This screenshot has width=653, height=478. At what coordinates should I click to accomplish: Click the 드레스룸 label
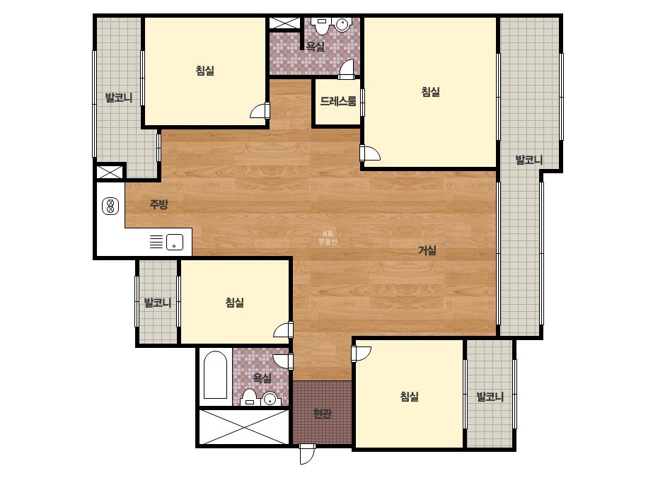pos(337,101)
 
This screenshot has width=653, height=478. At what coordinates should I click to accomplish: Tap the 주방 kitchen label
pos(158,204)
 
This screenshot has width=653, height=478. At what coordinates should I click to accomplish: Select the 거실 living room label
pos(427,250)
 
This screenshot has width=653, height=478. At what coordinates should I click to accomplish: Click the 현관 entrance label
pos(323,414)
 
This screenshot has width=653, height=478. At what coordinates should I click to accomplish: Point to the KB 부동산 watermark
pos(328,238)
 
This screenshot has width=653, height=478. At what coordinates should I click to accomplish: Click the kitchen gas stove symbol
pos(110,206)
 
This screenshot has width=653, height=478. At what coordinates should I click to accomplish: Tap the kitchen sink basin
pos(175,242)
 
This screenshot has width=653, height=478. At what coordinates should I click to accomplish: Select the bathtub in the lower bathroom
pos(215,376)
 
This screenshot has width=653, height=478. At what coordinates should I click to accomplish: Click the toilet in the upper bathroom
pos(321,26)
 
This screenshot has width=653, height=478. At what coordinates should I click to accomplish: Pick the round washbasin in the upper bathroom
pos(342,25)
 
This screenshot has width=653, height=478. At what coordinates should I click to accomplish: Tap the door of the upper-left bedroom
pos(260,111)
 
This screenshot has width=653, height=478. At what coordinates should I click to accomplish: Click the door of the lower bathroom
pos(284,361)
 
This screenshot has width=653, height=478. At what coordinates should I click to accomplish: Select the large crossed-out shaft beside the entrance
pos(244,427)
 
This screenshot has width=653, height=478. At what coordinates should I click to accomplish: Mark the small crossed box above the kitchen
pos(110,172)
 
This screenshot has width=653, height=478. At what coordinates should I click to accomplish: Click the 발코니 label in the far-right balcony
pos(529,160)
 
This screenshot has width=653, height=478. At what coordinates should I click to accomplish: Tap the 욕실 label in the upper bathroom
pos(316,47)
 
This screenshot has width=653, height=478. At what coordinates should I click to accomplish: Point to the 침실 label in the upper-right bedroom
pos(431,92)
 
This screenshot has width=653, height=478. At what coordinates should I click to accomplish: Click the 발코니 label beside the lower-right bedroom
pos(490,397)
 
